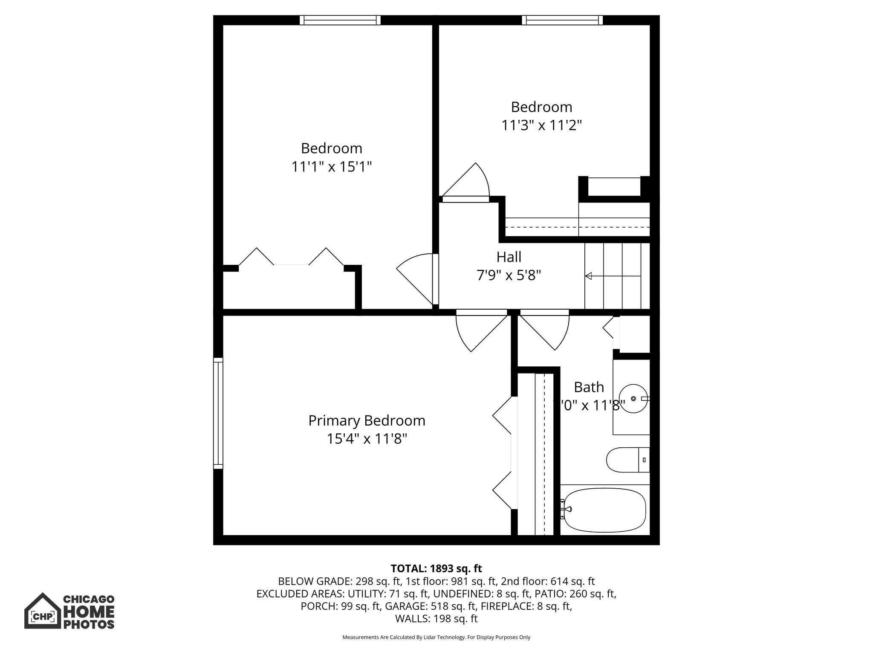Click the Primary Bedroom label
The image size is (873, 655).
pyautogui.click(x=367, y=421)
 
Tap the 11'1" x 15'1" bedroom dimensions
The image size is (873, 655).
pyautogui.click(x=331, y=167)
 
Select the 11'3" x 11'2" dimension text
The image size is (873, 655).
pyautogui.click(x=541, y=125)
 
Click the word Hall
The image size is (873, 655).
pyautogui.click(x=509, y=257)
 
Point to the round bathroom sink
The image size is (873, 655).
pyautogui.click(x=633, y=398)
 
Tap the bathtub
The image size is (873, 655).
pyautogui.click(x=604, y=510)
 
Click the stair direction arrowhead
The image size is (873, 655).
pyautogui.click(x=589, y=276)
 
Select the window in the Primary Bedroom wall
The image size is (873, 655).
pyautogui.click(x=218, y=413)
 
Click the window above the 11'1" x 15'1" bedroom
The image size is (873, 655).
pyautogui.click(x=340, y=20)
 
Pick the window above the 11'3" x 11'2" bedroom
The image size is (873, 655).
pyautogui.click(x=562, y=20)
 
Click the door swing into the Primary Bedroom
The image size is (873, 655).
pyautogui.click(x=475, y=333)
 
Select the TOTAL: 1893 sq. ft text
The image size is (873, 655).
pyautogui.click(x=436, y=568)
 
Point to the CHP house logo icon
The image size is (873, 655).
pyautogui.click(x=42, y=611)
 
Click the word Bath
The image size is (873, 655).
pyautogui.click(x=589, y=387)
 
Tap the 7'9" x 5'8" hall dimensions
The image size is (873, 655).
pyautogui.click(x=509, y=275)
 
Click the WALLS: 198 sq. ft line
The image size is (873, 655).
pyautogui.click(x=436, y=619)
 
